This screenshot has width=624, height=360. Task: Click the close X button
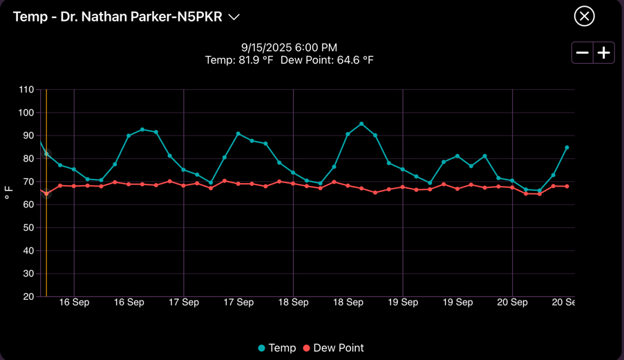point(584,16)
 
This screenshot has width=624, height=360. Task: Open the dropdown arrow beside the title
point(234,17)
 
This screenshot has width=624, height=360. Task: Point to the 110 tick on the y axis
point(26,90)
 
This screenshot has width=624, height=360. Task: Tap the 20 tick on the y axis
point(28,296)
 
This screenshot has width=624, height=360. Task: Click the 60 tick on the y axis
point(28,205)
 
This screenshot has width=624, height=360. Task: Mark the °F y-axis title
point(9,193)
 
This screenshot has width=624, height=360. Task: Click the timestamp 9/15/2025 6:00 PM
point(289,48)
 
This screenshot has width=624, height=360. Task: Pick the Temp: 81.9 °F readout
point(239,60)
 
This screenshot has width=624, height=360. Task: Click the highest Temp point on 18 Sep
point(361,124)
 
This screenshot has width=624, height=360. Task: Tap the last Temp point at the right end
point(567,147)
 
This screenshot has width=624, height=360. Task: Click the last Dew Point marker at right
point(567,187)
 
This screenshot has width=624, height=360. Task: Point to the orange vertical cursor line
point(46,242)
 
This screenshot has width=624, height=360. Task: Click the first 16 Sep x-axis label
point(74,303)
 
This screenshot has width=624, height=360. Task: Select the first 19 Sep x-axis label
point(403,303)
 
